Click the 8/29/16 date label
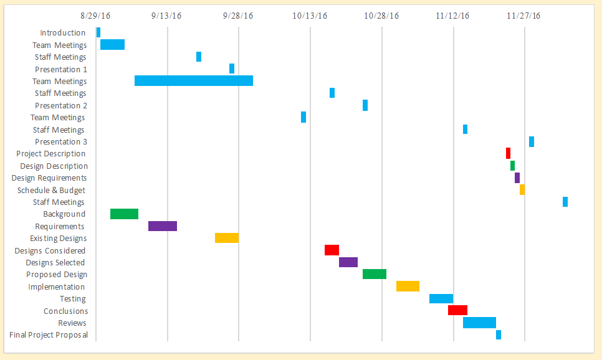point(96,16)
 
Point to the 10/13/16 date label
point(310,16)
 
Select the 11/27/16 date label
point(523,16)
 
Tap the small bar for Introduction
point(98,32)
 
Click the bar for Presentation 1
point(232,69)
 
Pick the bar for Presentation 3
point(532,141)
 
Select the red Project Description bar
point(508,153)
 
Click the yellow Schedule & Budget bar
point(522,189)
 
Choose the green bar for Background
point(124,214)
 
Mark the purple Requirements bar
point(163,226)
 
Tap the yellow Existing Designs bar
point(227,238)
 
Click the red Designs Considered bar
point(332,250)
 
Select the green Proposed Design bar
point(375,274)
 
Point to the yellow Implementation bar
point(408,286)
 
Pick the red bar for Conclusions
point(457,310)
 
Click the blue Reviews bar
point(479,323)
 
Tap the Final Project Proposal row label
point(49,335)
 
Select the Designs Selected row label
point(55,263)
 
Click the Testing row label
point(73,299)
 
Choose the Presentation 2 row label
point(61,106)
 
